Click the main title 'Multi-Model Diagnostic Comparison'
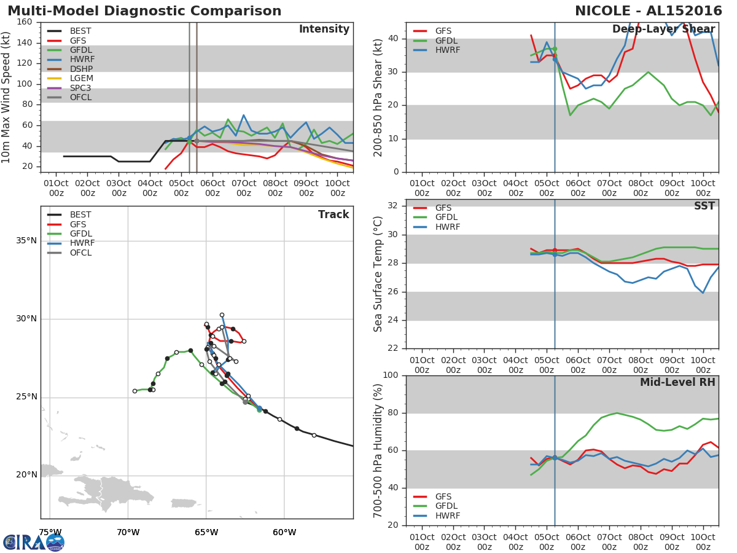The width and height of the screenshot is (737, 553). click(x=144, y=11)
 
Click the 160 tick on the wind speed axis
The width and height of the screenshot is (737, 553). click(x=25, y=22)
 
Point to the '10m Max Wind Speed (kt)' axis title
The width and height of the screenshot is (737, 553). click(x=7, y=97)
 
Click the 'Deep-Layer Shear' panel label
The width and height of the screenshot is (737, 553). click(x=663, y=29)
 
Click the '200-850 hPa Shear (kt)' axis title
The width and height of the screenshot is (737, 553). click(x=378, y=97)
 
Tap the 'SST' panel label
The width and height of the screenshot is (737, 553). click(x=704, y=206)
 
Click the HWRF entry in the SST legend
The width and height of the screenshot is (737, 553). click(x=448, y=227)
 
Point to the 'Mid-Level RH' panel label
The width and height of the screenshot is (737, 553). click(x=677, y=383)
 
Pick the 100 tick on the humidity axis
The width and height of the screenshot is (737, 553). click(x=390, y=375)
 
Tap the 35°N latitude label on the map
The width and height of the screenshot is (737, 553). click(x=26, y=240)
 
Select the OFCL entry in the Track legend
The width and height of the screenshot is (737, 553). click(x=80, y=253)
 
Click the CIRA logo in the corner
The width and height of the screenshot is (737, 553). click(x=34, y=542)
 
